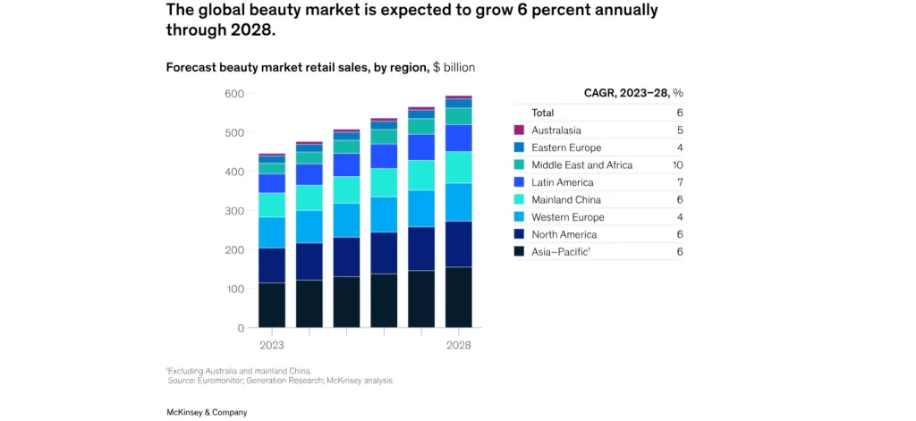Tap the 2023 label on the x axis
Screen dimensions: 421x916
tap(272, 345)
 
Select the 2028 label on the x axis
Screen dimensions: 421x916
tap(459, 345)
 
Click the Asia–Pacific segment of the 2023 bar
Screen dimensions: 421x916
tap(272, 305)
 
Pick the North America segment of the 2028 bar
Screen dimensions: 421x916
tap(459, 244)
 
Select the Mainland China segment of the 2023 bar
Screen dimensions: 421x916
tap(272, 205)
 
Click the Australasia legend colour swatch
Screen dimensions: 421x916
tap(519, 131)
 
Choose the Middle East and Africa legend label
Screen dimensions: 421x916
tap(581, 165)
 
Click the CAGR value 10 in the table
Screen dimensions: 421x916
tap(677, 165)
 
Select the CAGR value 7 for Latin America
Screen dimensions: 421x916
tap(680, 182)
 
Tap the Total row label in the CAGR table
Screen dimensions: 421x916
tap(543, 113)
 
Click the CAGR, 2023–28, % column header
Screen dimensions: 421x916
tap(633, 92)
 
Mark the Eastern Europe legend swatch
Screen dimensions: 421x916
tap(519, 147)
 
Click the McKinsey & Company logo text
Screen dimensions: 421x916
tap(207, 412)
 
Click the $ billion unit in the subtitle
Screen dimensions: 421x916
tap(454, 67)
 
